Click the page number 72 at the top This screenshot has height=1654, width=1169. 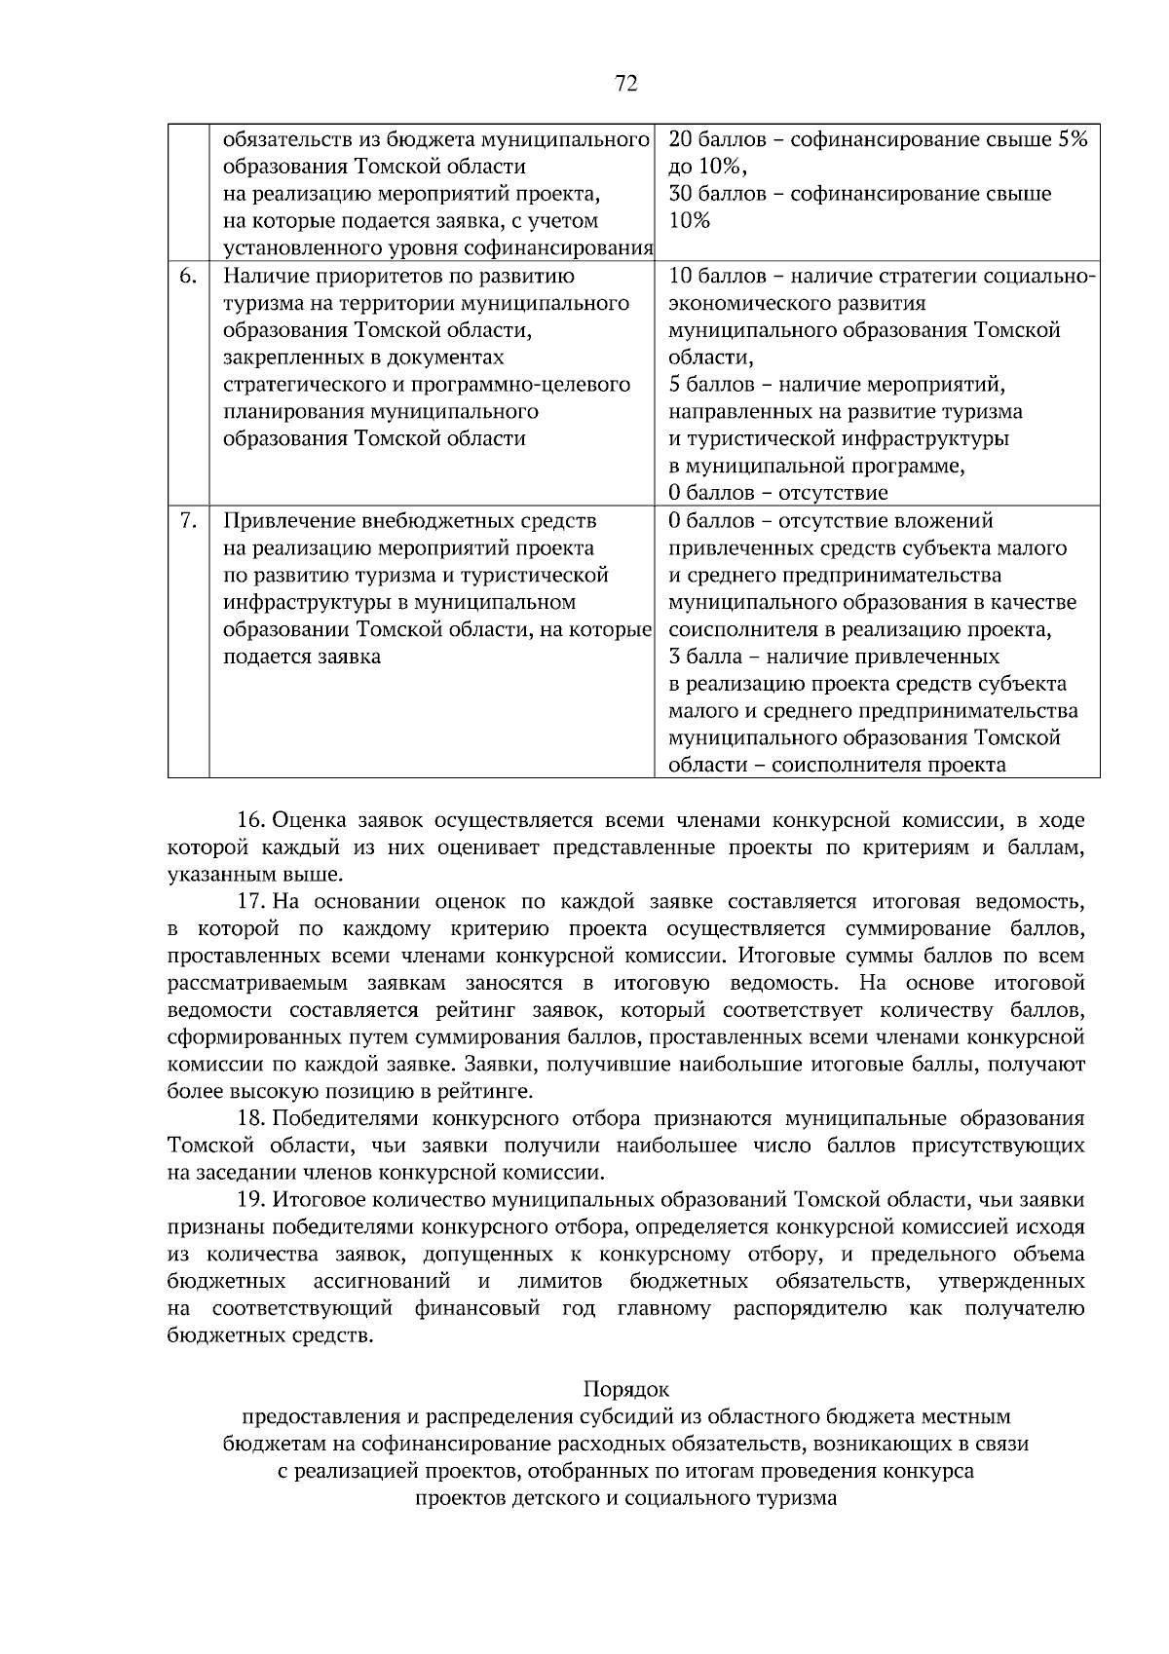626,85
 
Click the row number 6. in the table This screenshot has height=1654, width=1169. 189,276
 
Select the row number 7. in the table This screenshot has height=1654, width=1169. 189,520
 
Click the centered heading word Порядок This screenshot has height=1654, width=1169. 626,1388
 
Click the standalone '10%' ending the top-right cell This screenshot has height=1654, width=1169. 690,220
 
